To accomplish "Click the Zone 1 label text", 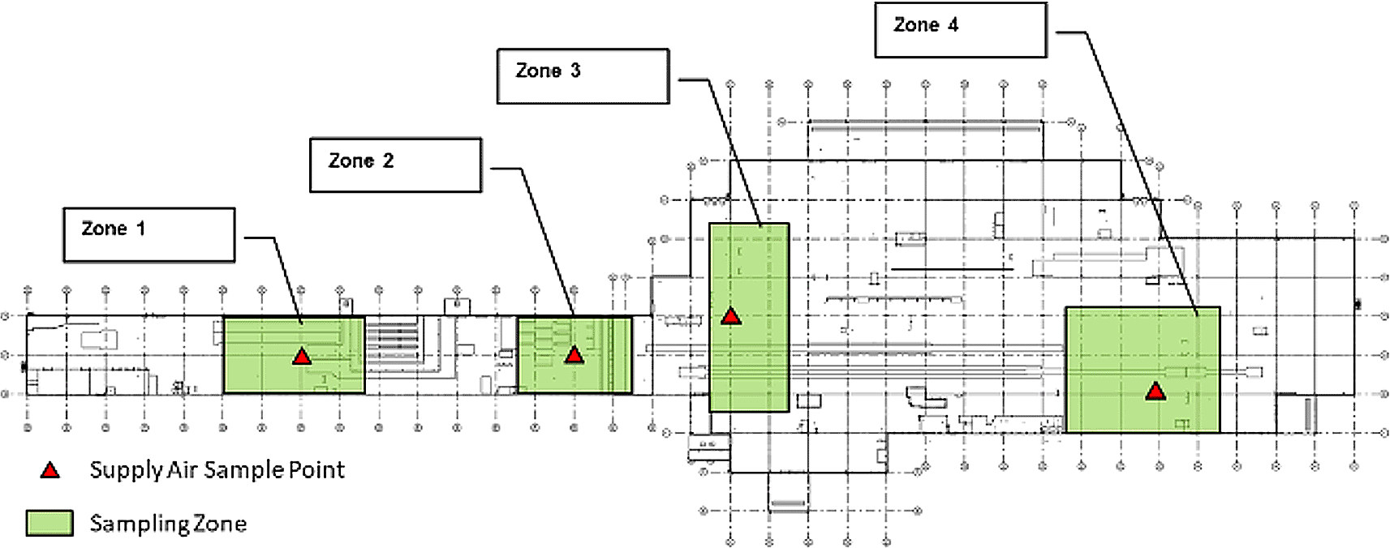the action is pos(114,229).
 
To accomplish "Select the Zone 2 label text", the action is pos(361,161).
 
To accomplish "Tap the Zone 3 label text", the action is pos(548,71).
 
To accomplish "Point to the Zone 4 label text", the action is pos(926,25).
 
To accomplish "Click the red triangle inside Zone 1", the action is pos(302,357).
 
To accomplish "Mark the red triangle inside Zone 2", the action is pos(575,355).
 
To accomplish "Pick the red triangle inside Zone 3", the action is pos(732,317).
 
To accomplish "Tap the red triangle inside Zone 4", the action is pos(1155,392).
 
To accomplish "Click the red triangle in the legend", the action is pos(50,471).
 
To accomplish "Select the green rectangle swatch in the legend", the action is pos(49,523).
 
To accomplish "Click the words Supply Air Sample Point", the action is pos(217,470).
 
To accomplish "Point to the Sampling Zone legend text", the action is pos(168,524).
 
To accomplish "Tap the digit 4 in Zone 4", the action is pos(953,25).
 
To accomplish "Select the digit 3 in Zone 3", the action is pos(575,71).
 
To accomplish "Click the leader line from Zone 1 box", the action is pos(287,279).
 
